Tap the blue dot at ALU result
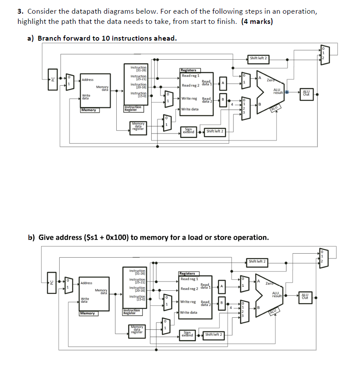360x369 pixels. pyautogui.click(x=287, y=92)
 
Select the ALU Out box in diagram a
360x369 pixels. pyautogui.click(x=306, y=92)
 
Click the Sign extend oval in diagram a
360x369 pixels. pyautogui.click(x=189, y=131)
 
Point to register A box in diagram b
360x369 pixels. pyautogui.click(x=222, y=287)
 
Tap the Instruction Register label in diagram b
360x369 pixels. pyautogui.click(x=132, y=311)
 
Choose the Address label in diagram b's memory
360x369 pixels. pyautogui.click(x=87, y=283)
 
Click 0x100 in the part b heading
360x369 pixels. pyautogui.click(x=115, y=237)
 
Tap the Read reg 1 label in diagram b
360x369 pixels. pyautogui.click(x=189, y=279)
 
